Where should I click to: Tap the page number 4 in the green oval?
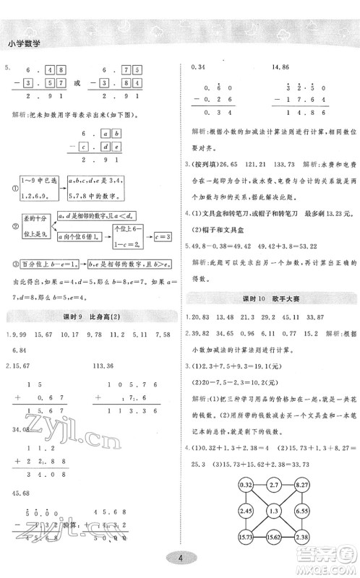click(x=179, y=556)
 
